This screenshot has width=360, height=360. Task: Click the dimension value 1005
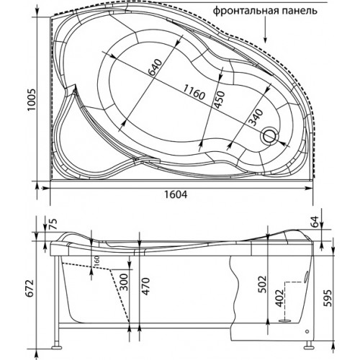31,99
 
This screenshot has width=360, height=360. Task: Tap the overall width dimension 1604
176,194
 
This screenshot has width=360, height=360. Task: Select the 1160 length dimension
194,92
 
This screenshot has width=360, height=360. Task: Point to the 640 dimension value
155,67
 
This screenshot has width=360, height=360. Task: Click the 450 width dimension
219,100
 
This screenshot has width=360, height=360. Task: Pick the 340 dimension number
256,117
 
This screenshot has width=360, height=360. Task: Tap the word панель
303,11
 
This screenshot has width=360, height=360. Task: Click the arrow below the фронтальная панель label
265,31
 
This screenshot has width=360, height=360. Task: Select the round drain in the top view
269,136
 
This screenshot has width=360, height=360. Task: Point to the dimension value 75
54,224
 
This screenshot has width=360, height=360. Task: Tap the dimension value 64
314,222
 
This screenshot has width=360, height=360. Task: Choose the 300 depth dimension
124,282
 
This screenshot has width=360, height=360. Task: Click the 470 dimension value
146,286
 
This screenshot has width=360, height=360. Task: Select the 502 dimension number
262,284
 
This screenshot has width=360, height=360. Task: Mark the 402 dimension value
279,298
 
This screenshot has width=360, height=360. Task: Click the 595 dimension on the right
328,297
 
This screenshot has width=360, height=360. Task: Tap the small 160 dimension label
96,261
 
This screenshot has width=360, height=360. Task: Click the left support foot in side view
57,347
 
